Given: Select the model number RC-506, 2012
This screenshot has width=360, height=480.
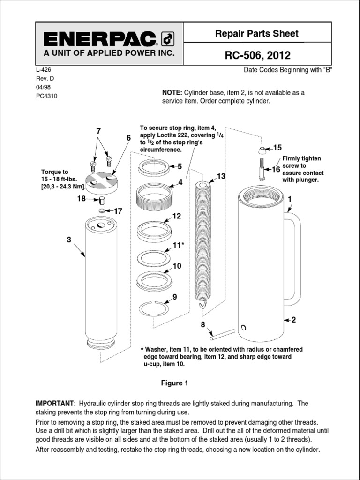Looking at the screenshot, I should tap(258, 56).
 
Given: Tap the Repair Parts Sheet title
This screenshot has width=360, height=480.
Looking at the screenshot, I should tap(256, 33).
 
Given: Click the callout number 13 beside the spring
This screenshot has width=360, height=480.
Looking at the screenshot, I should tap(221, 176).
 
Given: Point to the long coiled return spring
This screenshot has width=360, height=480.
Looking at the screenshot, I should tap(203, 244).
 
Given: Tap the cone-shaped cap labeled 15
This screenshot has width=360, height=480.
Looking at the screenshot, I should tap(261, 150).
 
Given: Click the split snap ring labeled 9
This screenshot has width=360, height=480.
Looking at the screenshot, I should tap(153, 308).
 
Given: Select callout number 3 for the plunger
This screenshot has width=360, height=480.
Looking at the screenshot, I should tap(69, 240).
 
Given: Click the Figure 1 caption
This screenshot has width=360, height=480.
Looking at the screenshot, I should tap(174, 383).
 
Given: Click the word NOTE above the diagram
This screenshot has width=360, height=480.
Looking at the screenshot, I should tap(172, 93).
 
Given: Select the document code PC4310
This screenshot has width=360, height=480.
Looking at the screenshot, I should tap(47, 96).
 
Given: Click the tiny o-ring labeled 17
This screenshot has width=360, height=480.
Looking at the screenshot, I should tap(102, 211).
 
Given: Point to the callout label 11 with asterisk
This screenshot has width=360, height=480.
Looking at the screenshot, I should tap(179, 245).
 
